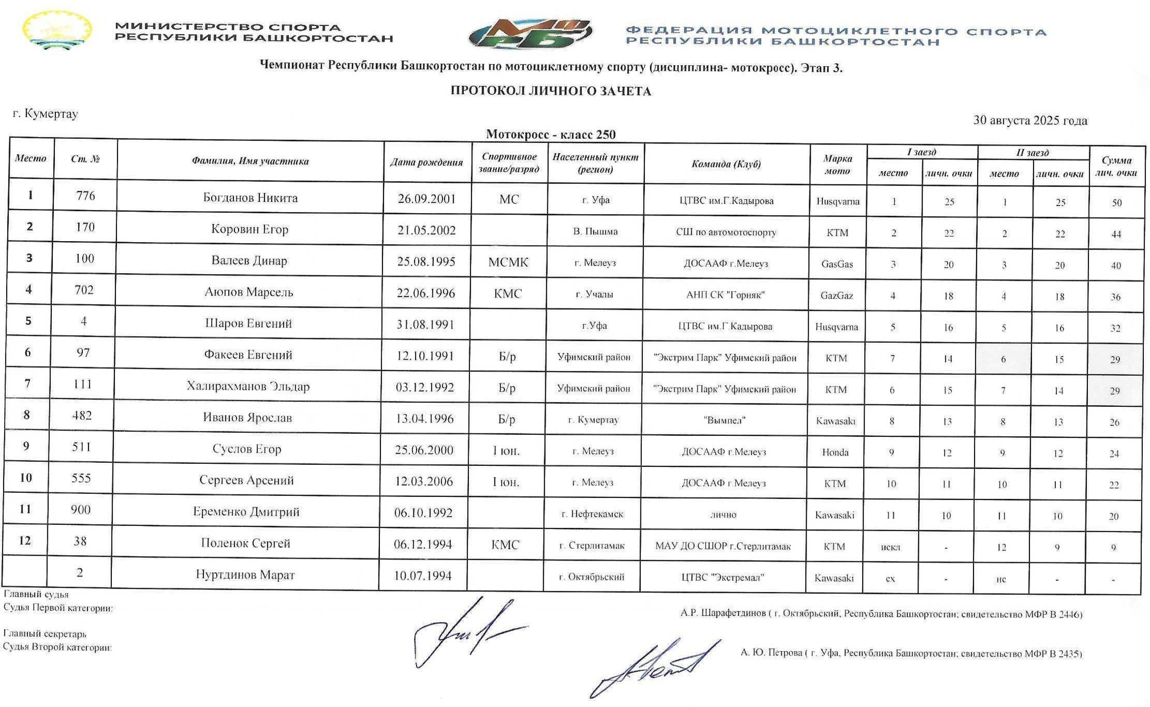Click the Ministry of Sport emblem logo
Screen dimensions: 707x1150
57,31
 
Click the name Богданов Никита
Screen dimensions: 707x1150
250,198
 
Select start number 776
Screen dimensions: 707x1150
85,196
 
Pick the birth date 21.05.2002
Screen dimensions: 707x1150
426,230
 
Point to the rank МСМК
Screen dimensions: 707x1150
508,262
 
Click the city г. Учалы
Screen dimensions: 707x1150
594,294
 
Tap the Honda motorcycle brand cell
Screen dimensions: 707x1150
835,452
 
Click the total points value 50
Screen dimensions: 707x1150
1116,203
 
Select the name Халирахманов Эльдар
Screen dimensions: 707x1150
248,386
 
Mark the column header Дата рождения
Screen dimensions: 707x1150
426,162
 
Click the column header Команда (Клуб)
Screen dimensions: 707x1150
726,164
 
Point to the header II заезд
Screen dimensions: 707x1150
1032,153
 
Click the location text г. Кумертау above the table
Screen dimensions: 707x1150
45,113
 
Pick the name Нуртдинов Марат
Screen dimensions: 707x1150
245,575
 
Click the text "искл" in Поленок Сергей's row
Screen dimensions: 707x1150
890,547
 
